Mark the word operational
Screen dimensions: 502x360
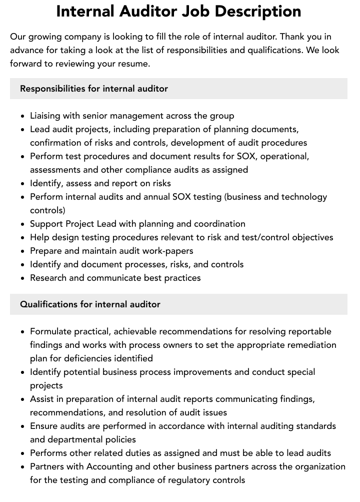click(x=284, y=156)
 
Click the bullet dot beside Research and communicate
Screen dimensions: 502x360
click(x=23, y=278)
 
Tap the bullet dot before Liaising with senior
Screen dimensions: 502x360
click(x=23, y=116)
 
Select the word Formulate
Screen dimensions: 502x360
click(x=51, y=331)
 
